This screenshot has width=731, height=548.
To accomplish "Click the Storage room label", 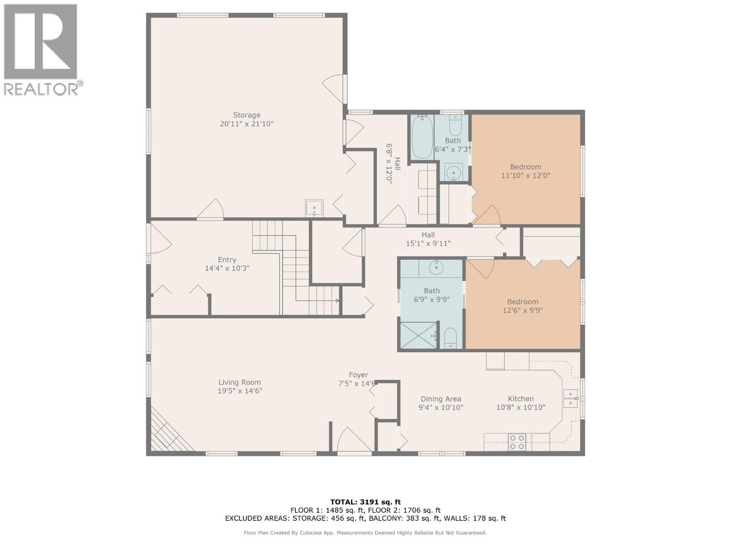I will click(x=246, y=115).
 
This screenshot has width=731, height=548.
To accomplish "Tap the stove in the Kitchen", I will click(x=517, y=442).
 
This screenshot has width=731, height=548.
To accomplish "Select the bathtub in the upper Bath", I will click(x=422, y=137).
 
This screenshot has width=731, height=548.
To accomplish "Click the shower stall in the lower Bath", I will click(x=418, y=335).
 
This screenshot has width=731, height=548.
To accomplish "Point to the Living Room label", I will click(x=239, y=383).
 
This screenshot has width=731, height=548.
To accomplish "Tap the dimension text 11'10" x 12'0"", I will click(x=525, y=175).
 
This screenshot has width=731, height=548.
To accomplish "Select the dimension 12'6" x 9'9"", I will click(x=522, y=311).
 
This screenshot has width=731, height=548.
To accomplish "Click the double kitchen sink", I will click(x=570, y=398).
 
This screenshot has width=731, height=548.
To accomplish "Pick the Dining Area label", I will click(x=440, y=399).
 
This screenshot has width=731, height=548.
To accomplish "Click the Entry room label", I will click(x=227, y=260).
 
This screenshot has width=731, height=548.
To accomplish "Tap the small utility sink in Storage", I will click(x=314, y=208).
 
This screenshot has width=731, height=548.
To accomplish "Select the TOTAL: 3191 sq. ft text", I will click(x=365, y=502).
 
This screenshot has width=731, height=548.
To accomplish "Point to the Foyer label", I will click(x=358, y=375).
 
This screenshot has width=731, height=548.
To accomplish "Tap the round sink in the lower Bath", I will click(x=437, y=268).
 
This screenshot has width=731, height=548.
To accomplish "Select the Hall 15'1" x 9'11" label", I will click(x=428, y=239).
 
